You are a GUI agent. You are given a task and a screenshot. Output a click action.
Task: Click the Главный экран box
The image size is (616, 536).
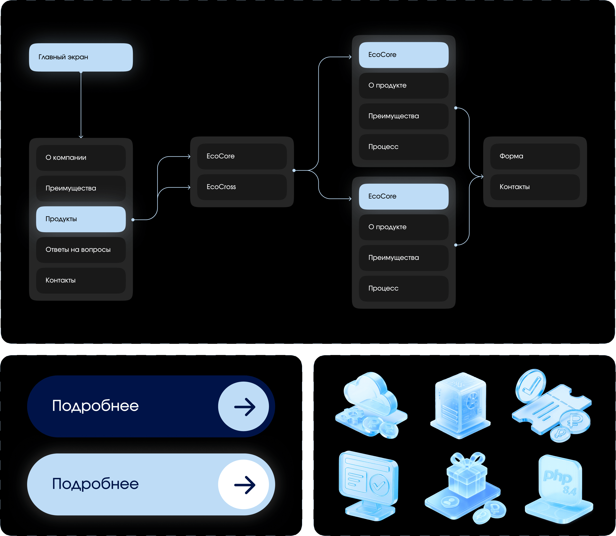81,57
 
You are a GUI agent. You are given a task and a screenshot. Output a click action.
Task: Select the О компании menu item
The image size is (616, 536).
81,158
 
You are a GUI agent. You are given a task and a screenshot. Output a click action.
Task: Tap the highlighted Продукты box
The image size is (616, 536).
81,219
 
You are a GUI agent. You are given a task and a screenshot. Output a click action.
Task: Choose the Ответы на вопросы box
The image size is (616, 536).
81,250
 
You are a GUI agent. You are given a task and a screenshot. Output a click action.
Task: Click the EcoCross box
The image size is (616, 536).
242,187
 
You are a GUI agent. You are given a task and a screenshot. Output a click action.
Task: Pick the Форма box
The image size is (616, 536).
535,156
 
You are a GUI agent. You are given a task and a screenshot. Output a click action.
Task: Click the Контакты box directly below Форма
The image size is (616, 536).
535,187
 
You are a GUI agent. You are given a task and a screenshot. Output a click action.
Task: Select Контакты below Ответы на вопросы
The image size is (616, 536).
81,280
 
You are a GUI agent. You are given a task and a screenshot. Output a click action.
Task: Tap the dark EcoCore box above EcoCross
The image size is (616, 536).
242,156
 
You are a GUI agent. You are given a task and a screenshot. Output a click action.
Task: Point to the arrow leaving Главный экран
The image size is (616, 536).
81,105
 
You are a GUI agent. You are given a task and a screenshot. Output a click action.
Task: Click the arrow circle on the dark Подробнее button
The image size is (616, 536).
243,406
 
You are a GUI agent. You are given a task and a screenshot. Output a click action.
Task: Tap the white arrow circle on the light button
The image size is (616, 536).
243,484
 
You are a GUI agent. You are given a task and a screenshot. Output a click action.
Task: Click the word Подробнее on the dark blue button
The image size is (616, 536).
96,406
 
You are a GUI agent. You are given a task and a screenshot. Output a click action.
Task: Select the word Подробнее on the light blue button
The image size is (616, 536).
96,484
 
